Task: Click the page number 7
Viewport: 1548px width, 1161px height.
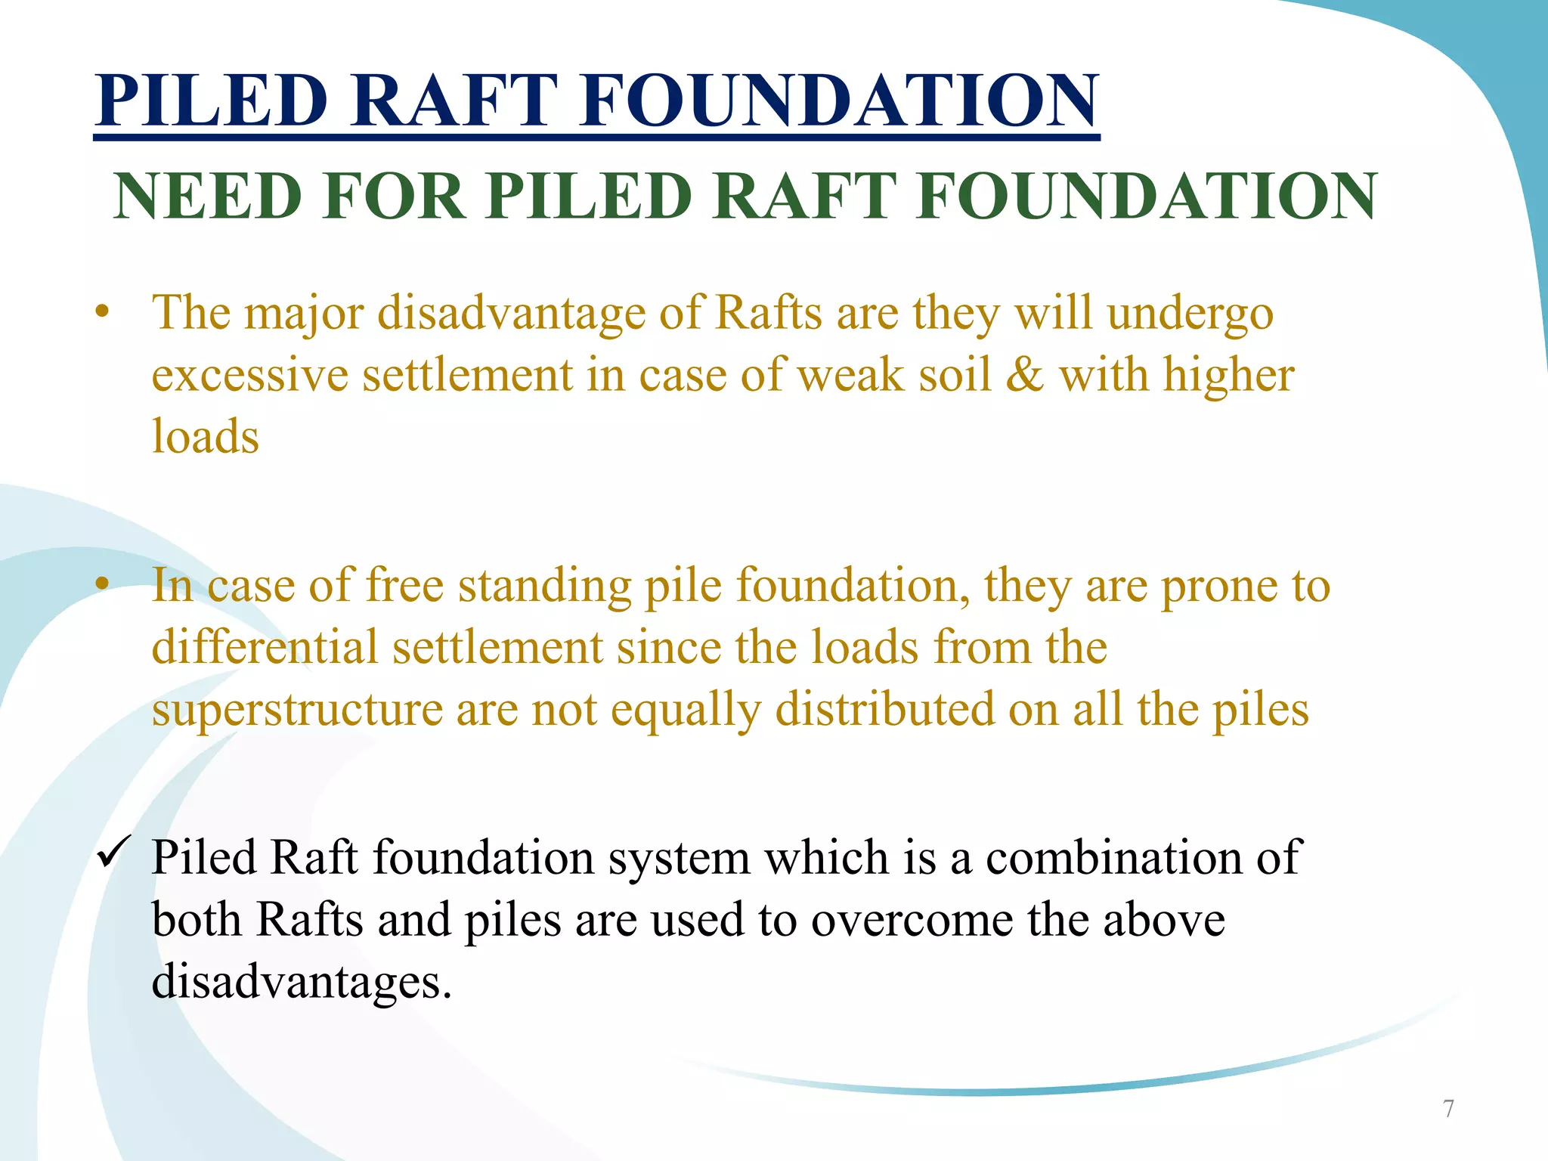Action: click(1448, 1109)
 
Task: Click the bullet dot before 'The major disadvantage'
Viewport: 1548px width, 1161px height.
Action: click(103, 311)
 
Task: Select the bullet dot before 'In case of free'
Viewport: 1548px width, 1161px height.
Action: click(103, 584)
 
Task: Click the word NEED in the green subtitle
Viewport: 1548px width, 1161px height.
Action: click(208, 197)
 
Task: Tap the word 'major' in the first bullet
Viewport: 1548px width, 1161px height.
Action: click(304, 313)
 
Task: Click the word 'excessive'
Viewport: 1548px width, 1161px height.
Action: click(250, 375)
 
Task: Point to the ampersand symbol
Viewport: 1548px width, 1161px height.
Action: click(1024, 375)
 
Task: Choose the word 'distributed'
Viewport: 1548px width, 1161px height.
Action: click(884, 710)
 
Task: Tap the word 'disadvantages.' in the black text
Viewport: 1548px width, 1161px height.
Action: click(302, 982)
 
